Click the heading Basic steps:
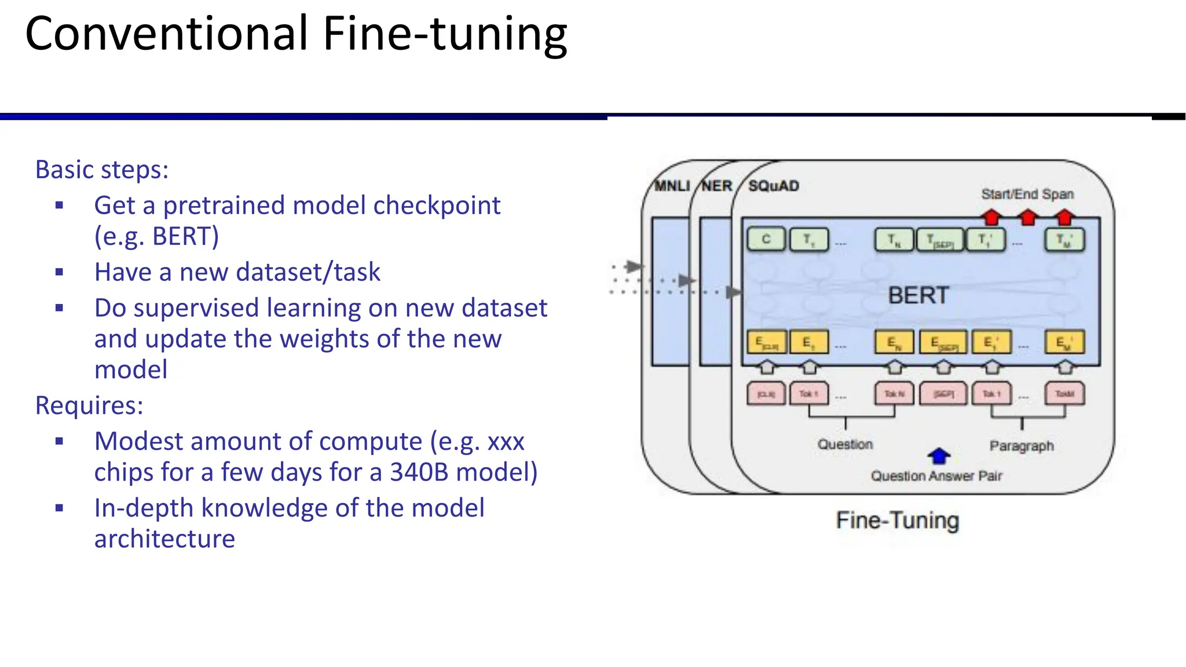(102, 170)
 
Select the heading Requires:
(89, 405)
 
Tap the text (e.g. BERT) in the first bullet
(157, 236)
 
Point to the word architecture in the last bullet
(164, 539)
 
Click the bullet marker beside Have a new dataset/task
(59, 272)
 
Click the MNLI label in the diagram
(672, 186)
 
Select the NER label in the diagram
(717, 186)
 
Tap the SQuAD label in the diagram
(774, 186)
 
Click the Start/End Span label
(1027, 194)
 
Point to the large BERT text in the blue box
(918, 295)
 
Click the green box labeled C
(766, 239)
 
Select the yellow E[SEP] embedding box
(943, 343)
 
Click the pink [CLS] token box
(766, 394)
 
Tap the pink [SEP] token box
(943, 394)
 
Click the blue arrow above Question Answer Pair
(939, 456)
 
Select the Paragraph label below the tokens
(1022, 446)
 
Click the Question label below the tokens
(845, 444)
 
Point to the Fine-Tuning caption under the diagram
(898, 520)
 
